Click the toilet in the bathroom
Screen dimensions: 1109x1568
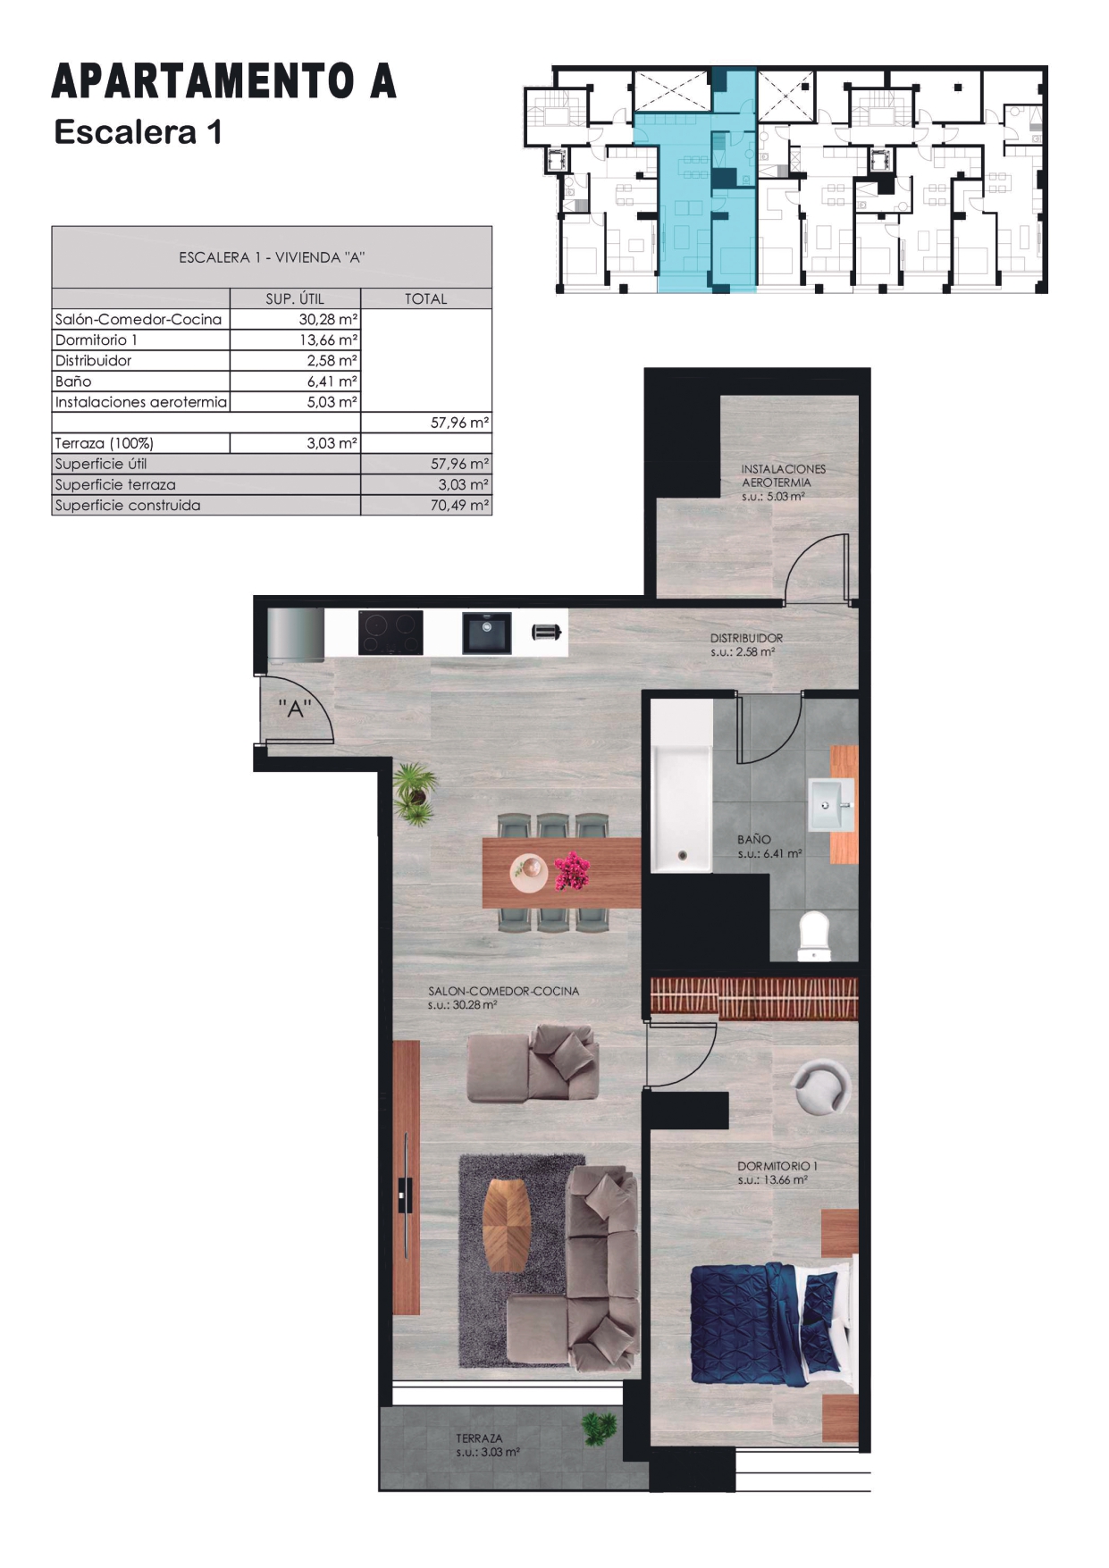coord(814,935)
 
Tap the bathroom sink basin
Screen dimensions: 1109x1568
coord(831,804)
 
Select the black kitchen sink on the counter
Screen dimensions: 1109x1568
coord(487,633)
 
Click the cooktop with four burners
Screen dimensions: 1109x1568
coord(391,633)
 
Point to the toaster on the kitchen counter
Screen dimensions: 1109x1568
coord(546,633)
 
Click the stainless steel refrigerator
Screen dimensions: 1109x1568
coord(295,635)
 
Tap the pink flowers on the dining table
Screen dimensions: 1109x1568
coord(572,871)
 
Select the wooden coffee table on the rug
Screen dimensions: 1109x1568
coord(507,1225)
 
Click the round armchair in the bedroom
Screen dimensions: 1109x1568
coord(821,1086)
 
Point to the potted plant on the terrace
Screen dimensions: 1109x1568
coord(599,1428)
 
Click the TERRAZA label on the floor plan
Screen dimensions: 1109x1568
coord(479,1438)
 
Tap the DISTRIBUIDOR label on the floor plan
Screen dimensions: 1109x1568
coord(746,638)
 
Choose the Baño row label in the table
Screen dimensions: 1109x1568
coord(73,381)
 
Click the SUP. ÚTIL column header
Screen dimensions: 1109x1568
coord(295,298)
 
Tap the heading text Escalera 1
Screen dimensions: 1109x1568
coord(138,132)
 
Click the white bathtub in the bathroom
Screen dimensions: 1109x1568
coord(681,786)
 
